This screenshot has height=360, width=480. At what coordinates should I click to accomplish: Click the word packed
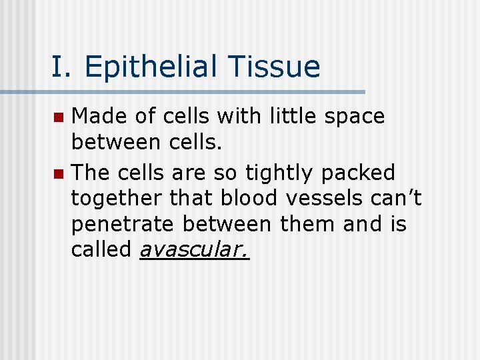pyautogui.click(x=358, y=173)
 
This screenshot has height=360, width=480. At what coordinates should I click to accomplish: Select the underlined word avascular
pyautogui.click(x=194, y=250)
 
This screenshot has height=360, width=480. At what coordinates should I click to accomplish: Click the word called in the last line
pyautogui.click(x=102, y=249)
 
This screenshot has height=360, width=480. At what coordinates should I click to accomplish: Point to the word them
pyautogui.click(x=304, y=224)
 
